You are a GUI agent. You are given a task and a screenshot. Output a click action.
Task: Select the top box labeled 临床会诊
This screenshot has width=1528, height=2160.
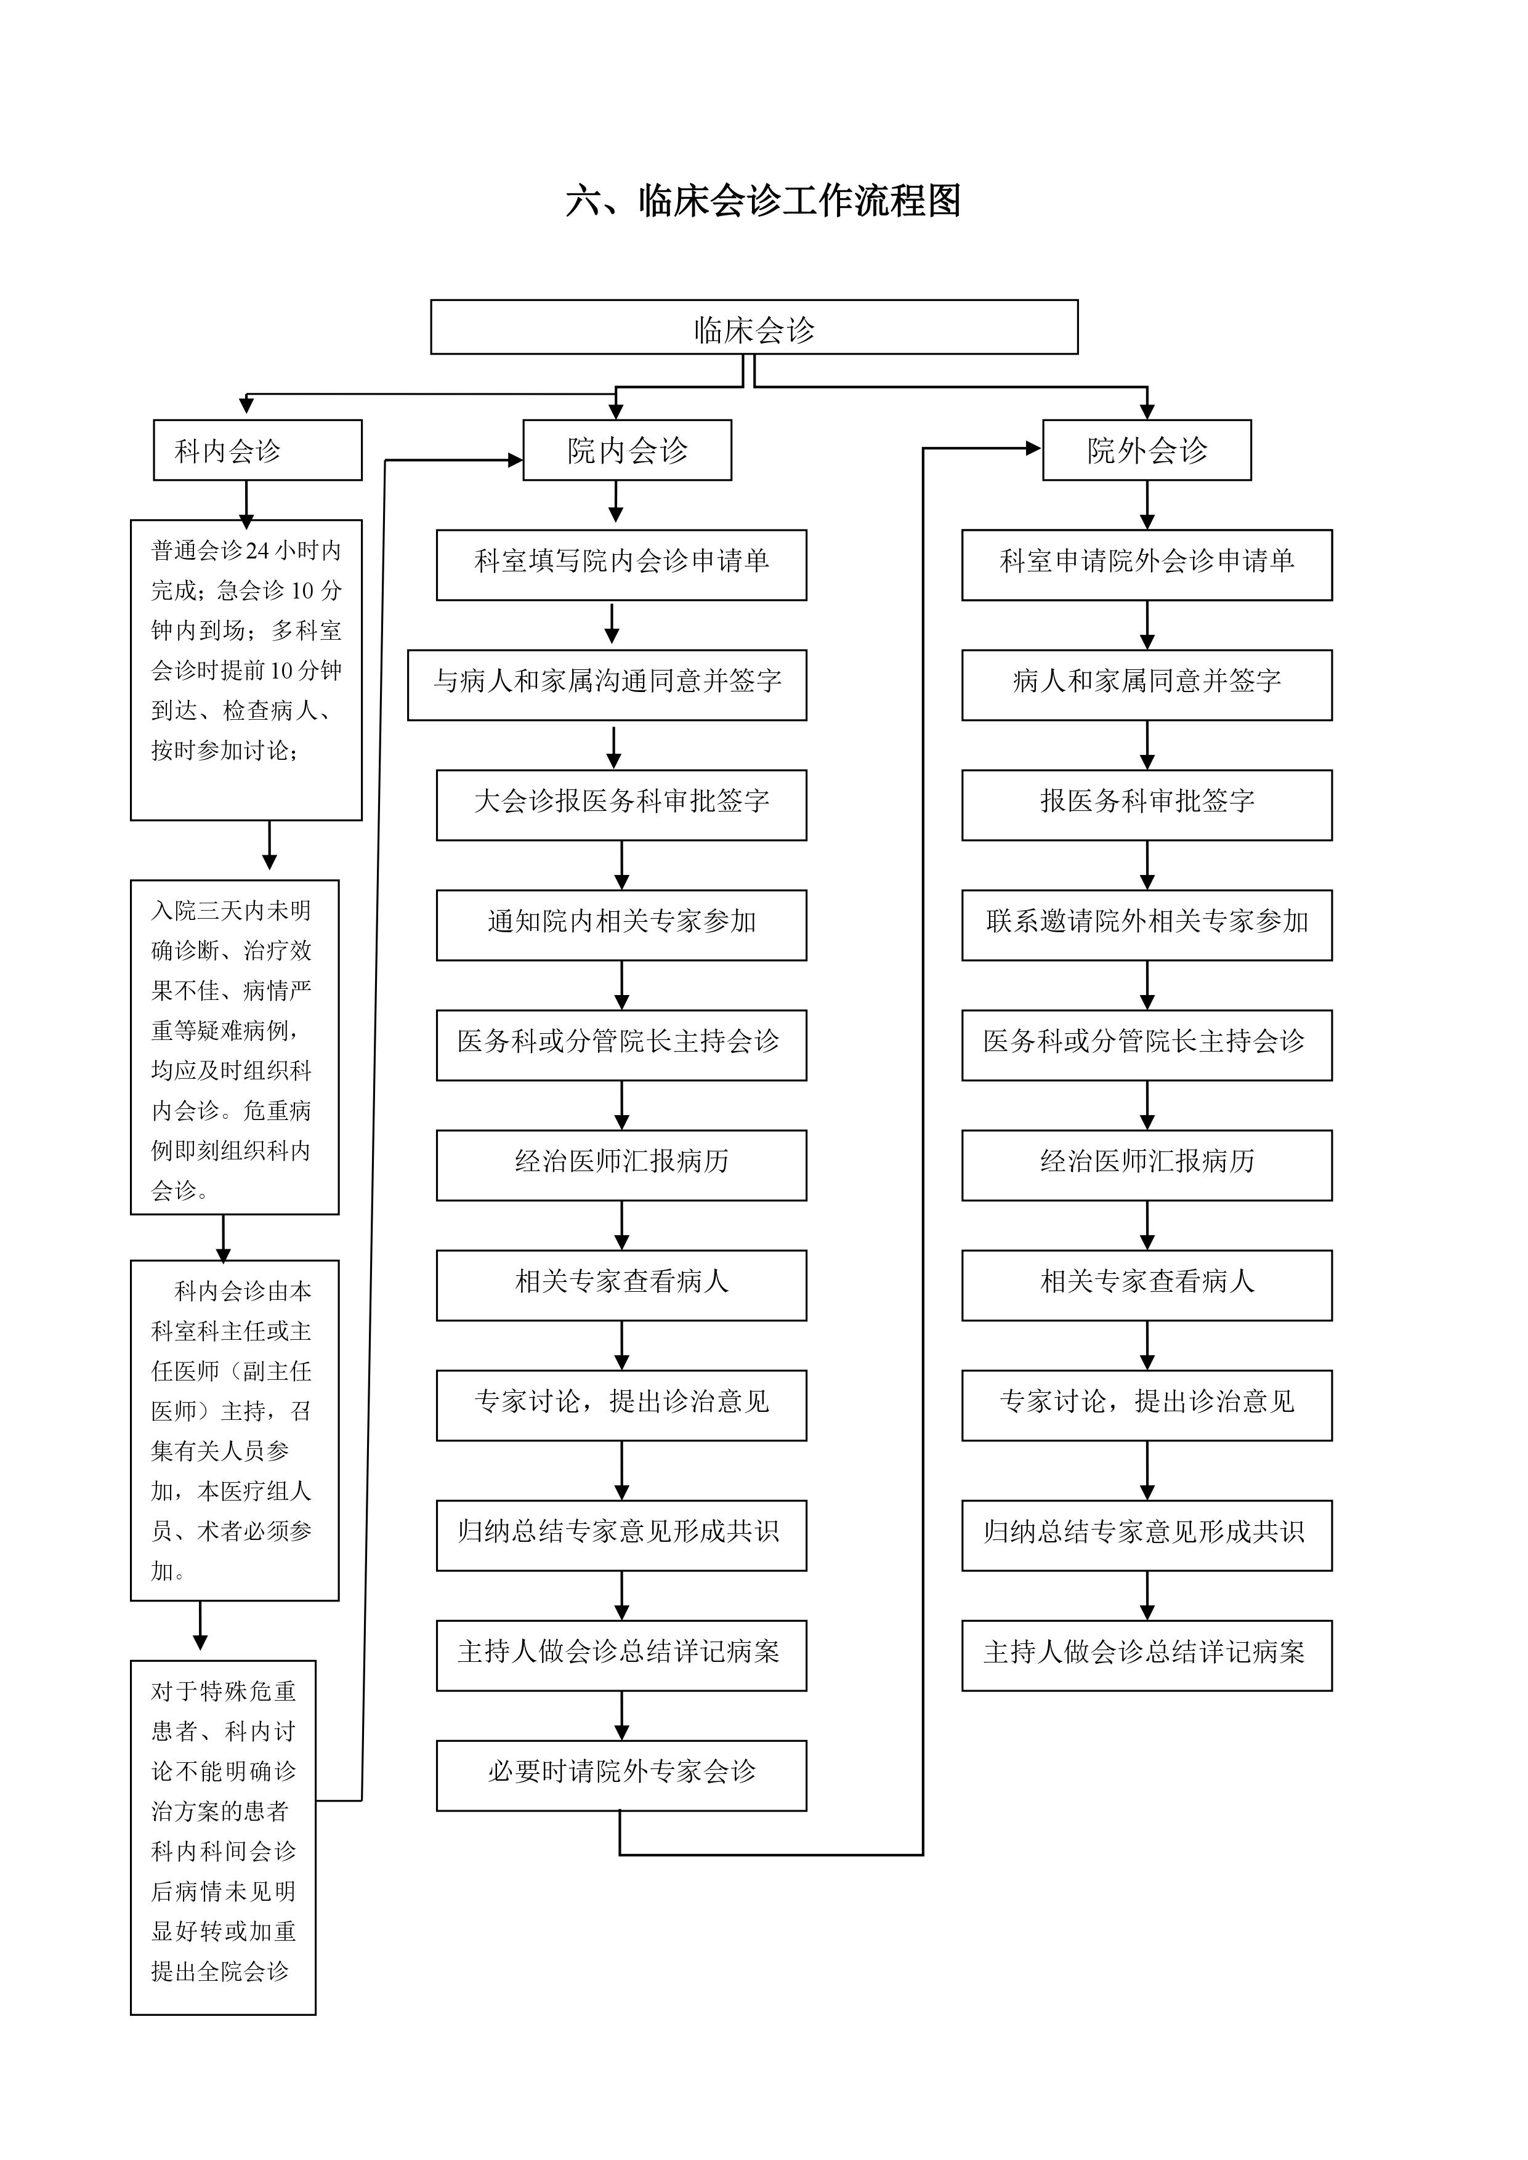click(754, 328)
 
